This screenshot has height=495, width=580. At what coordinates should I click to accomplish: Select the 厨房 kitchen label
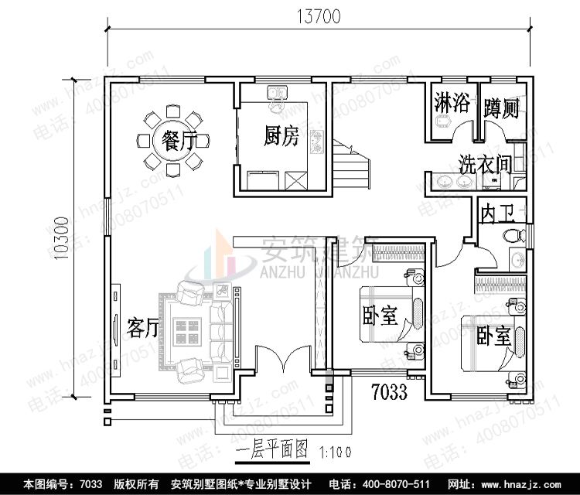280,138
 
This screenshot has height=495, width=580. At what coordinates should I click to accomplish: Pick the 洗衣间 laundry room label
485,164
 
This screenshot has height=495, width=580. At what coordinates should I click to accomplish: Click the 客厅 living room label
142,328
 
